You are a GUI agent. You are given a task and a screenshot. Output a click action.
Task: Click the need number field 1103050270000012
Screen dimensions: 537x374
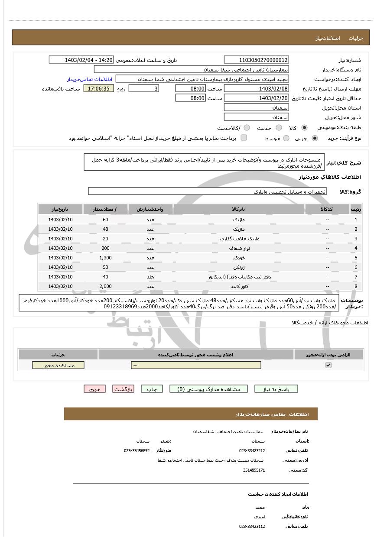257,60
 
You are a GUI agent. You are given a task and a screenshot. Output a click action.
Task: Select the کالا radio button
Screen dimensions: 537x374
304,128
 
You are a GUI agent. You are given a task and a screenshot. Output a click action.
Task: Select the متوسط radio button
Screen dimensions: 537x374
286,138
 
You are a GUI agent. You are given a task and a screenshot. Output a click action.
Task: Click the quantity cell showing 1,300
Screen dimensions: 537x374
105,258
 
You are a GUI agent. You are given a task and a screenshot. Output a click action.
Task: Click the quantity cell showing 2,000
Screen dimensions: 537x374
105,286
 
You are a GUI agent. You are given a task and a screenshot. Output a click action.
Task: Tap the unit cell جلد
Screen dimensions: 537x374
150,277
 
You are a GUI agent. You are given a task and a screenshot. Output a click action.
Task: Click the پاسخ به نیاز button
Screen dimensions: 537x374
276,389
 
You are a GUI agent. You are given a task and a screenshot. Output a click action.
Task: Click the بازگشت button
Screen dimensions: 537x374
123,389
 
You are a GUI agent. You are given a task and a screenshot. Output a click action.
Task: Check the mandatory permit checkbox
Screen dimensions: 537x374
328,365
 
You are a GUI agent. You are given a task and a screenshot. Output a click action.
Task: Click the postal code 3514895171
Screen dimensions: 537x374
254,469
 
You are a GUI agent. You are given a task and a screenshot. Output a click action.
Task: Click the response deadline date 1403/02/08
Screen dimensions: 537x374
257,88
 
